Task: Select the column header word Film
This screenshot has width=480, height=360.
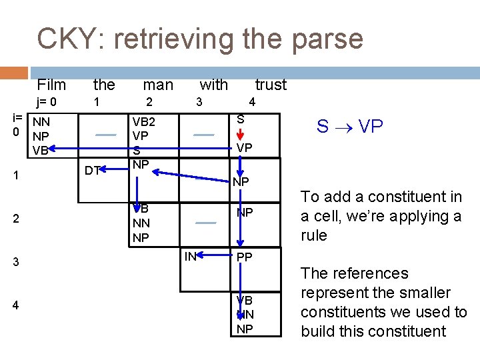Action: (51, 85)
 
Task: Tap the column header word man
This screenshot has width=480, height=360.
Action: (158, 85)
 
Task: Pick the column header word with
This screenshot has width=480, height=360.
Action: (213, 85)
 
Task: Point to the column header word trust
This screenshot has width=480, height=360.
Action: (271, 85)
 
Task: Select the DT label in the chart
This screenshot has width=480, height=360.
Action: (93, 171)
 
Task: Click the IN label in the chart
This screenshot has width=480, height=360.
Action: (191, 255)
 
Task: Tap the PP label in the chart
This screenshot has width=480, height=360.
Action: (244, 257)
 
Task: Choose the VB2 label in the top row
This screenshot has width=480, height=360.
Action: (144, 122)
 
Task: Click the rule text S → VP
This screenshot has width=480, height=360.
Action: (349, 127)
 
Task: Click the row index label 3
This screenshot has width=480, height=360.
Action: (16, 262)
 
